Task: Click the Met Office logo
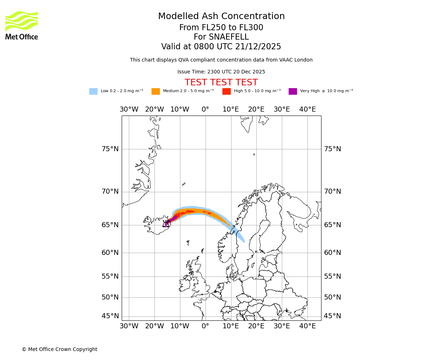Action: click(22, 25)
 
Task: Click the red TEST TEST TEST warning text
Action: click(221, 82)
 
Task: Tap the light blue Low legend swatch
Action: click(93, 91)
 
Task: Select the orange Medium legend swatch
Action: click(156, 91)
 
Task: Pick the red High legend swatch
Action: click(226, 91)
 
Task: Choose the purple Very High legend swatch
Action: click(293, 91)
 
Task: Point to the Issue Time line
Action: click(221, 72)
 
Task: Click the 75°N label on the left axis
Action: click(110, 149)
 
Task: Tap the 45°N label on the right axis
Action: click(332, 316)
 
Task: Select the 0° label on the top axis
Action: click(205, 109)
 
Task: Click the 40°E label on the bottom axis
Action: click(307, 326)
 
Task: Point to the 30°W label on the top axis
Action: click(129, 109)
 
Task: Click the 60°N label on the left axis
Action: click(110, 253)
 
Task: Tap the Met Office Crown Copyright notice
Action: click(59, 349)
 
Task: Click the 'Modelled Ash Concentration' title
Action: click(221, 16)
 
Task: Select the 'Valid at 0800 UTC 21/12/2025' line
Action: click(221, 47)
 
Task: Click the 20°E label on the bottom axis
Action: click(256, 326)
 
